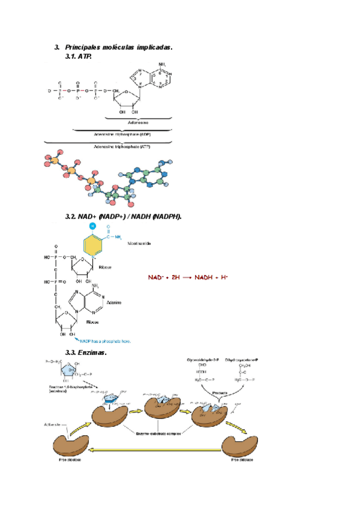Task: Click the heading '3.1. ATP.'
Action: pos(77,56)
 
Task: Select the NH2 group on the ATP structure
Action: pos(162,65)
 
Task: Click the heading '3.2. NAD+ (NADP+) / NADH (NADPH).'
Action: pos(123,216)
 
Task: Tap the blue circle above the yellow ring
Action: pos(92,226)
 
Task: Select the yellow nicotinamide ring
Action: pos(92,245)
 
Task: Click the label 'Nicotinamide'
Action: pos(139,244)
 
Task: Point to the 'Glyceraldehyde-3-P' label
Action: pos(202,360)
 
